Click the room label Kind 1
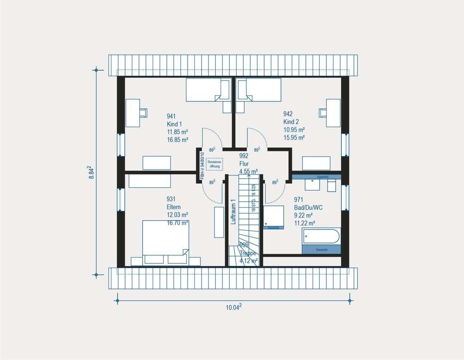174,124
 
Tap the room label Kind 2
291,122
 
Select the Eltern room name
174,207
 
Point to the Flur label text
244,163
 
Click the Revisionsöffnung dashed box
214,164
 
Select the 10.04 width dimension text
233,307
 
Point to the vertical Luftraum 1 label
233,212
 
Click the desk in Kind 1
133,113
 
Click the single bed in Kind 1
208,90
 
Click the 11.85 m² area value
178,132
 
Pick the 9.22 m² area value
304,215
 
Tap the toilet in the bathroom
331,185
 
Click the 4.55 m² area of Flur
248,171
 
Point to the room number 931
171,199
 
